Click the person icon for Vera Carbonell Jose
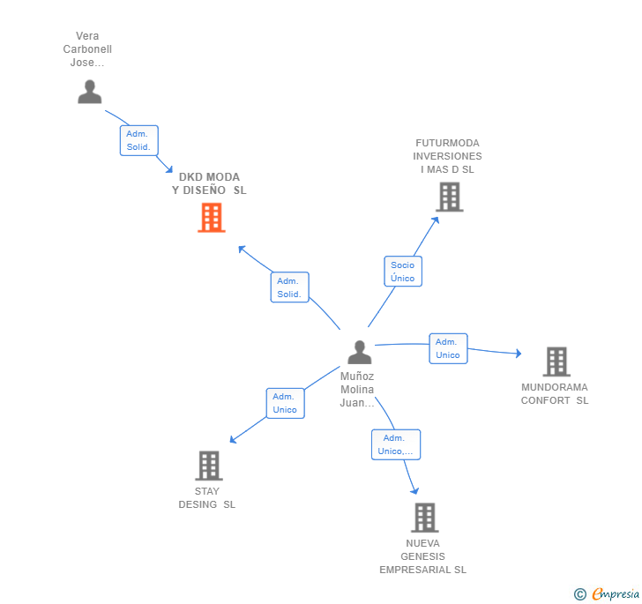pyautogui.click(x=89, y=92)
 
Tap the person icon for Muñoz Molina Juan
pyautogui.click(x=359, y=352)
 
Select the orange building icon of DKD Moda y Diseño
pyautogui.click(x=211, y=217)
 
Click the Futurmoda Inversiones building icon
pyautogui.click(x=449, y=197)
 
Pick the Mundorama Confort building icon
pyautogui.click(x=556, y=362)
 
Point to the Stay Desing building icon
pyautogui.click(x=208, y=465)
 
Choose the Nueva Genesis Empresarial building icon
pyautogui.click(x=424, y=517)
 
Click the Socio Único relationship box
pyautogui.click(x=402, y=272)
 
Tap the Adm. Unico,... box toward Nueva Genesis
pyautogui.click(x=395, y=444)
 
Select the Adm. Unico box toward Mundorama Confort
pyautogui.click(x=448, y=348)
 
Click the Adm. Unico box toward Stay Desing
pyautogui.click(x=285, y=403)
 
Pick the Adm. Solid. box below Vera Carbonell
pyautogui.click(x=138, y=140)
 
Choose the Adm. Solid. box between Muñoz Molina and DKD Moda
pyautogui.click(x=289, y=287)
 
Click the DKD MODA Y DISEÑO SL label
pyautogui.click(x=209, y=183)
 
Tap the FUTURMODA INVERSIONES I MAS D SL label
pyautogui.click(x=447, y=156)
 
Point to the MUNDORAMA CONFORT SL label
pyautogui.click(x=555, y=393)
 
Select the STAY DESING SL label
pyautogui.click(x=207, y=498)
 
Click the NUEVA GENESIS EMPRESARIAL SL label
pyautogui.click(x=423, y=556)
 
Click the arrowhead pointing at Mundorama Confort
pyautogui.click(x=519, y=354)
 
